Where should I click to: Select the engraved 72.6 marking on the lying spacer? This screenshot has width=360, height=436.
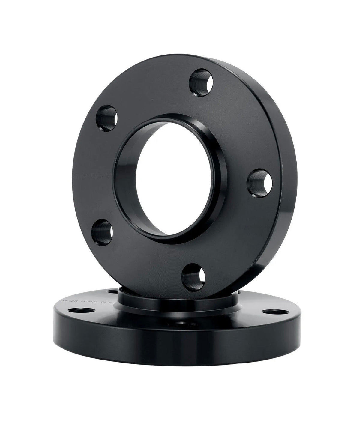pos(107,301)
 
